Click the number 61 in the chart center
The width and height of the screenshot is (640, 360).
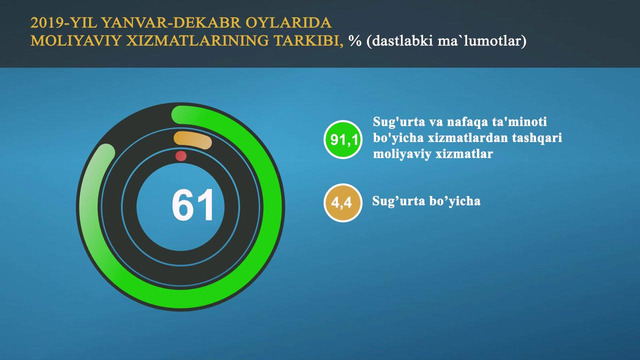coord(193,205)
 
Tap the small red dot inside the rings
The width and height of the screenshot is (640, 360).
coord(181,157)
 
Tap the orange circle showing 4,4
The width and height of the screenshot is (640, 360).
coord(342,204)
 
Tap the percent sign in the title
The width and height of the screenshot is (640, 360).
coord(354,41)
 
